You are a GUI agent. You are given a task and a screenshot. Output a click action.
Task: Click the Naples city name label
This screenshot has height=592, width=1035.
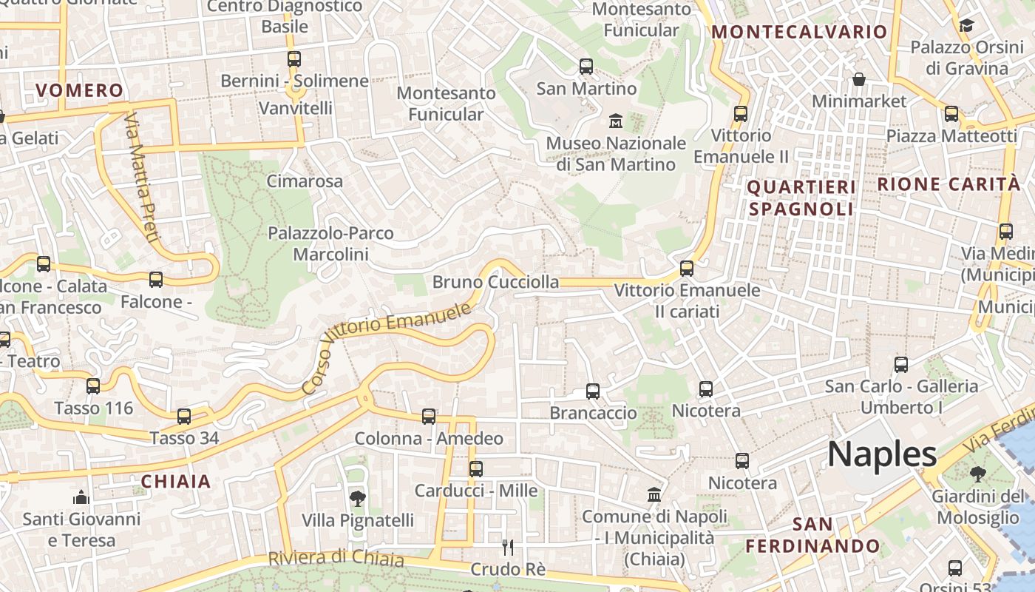pyautogui.click(x=882, y=453)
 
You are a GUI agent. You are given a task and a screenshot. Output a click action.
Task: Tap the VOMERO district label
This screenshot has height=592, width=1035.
pyautogui.click(x=80, y=91)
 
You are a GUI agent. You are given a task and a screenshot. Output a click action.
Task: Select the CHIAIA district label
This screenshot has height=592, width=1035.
pyautogui.click(x=176, y=482)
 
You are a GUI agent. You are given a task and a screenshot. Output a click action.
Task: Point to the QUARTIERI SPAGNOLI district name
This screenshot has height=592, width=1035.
pyautogui.click(x=801, y=198)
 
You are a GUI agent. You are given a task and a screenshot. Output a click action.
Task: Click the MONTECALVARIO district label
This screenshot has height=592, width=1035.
pyautogui.click(x=798, y=32)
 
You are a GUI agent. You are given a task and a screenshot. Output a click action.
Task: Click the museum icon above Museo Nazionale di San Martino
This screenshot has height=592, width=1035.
pyautogui.click(x=615, y=120)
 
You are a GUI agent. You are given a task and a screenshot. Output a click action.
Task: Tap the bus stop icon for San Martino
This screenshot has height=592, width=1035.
pyautogui.click(x=586, y=67)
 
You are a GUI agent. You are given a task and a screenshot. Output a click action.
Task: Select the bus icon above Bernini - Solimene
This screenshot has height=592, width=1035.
pyautogui.click(x=294, y=59)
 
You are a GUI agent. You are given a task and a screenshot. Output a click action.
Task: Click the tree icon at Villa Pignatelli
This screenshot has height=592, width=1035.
pyautogui.click(x=358, y=499)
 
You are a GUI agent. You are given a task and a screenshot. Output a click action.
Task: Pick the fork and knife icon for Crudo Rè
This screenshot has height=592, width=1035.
pyautogui.click(x=508, y=548)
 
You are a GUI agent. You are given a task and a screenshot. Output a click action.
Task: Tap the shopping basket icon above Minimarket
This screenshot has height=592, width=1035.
pyautogui.click(x=859, y=79)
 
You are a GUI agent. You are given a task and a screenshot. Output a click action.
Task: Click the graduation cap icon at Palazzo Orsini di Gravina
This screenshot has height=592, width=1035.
pyautogui.click(x=966, y=26)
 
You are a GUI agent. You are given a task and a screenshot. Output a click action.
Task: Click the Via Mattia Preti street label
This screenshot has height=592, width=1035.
pyautogui.click(x=142, y=178)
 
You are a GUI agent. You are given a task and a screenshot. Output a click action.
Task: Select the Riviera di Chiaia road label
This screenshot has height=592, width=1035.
pyautogui.click(x=336, y=559)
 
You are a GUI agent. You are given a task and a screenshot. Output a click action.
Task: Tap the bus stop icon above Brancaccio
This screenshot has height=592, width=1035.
pyautogui.click(x=593, y=391)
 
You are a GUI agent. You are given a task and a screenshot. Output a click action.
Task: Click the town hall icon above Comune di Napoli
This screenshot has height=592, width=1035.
pyautogui.click(x=654, y=494)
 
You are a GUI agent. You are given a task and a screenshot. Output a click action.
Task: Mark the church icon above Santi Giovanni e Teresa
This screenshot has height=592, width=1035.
pyautogui.click(x=81, y=497)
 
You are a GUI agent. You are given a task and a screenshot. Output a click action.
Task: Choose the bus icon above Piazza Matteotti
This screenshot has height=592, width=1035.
pyautogui.click(x=951, y=114)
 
